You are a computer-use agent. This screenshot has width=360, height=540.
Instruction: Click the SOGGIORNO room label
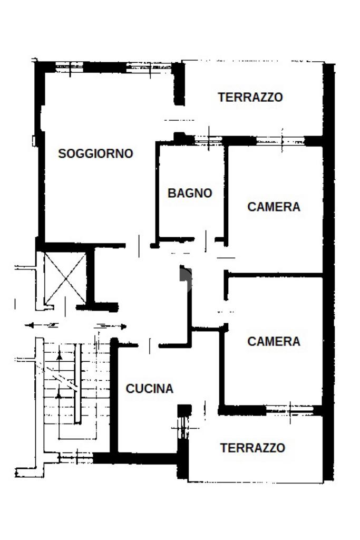coord(95,153)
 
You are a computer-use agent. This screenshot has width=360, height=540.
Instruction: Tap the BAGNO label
coord(190,193)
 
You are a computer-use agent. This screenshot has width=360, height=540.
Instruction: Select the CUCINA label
coord(149,389)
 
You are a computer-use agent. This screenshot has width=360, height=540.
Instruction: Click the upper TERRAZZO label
coord(250,97)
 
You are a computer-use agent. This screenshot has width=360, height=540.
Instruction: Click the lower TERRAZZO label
coord(252,448)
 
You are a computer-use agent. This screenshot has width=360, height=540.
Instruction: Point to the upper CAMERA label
coord(274,207)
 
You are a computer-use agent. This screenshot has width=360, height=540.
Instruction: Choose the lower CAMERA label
coord(274,341)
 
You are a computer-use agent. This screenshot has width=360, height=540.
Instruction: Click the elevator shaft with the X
coord(64,278)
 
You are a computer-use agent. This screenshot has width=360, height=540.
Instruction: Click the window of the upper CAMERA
coord(280,141)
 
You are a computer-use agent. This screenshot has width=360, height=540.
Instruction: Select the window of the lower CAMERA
coord(290,410)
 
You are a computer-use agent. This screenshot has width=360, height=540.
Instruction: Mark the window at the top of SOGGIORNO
coord(105,67)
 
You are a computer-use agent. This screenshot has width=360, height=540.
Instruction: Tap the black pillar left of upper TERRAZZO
coord(179,83)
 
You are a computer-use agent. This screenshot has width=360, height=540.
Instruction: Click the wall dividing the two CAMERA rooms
coord(274,275)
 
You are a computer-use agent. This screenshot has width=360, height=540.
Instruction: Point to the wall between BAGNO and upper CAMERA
coord(226,192)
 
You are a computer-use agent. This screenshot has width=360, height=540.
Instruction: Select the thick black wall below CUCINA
coord(142,458)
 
